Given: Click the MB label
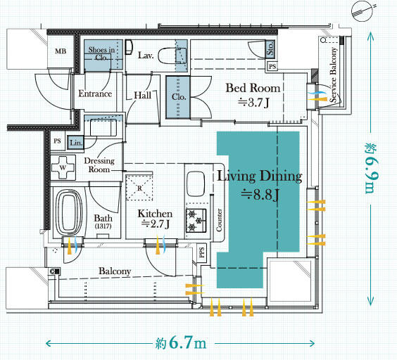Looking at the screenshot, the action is tap(61, 51).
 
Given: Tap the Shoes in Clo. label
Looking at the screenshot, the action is tap(101, 53).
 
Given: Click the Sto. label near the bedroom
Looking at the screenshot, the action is tap(270, 48).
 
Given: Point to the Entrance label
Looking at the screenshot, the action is tap(95, 94).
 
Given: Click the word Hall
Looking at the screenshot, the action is tap(143, 96).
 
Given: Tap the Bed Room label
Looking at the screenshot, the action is tap(253, 88).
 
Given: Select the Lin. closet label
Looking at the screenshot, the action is tap(76, 143).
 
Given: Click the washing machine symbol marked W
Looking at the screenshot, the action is tap(63, 167).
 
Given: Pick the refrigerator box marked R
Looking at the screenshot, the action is tap(139, 188).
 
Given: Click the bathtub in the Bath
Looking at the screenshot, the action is tap(69, 212).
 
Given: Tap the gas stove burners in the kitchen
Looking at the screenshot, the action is tap(196, 220).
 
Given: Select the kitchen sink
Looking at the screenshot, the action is tap(196, 184).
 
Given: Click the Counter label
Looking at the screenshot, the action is tap(219, 220).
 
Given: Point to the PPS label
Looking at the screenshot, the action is tap(202, 252).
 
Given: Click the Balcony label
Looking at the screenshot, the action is tap(115, 271).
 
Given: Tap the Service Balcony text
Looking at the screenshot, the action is tap(334, 75).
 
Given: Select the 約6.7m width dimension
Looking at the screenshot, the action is tap(181, 343).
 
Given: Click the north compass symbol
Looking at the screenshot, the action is tap(363, 11).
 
